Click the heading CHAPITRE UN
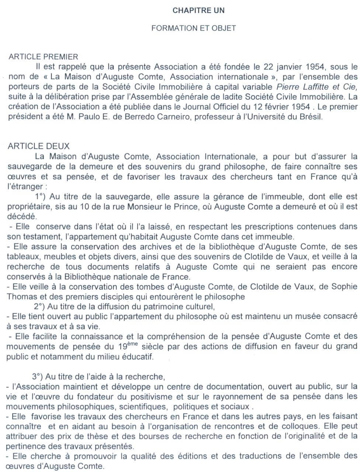198,11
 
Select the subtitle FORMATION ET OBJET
194,28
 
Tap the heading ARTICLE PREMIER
44,57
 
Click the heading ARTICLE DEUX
39,146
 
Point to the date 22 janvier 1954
295,67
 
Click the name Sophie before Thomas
345,286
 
